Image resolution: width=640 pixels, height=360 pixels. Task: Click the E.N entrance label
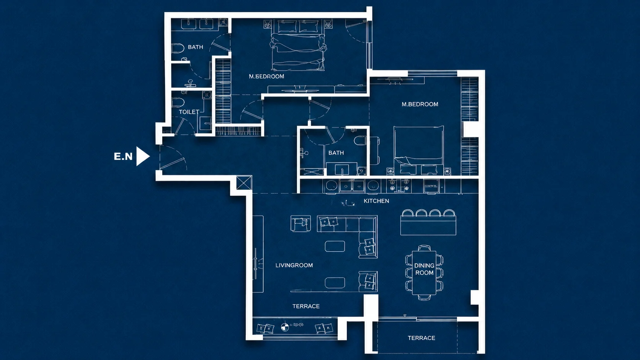coord(123,156)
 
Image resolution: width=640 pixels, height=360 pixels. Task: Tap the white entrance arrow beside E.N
coord(142,156)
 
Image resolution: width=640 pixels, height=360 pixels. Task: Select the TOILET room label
coord(189,112)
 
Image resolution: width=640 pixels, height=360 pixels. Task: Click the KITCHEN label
coord(376,201)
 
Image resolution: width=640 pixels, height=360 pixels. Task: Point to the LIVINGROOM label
coord(294,265)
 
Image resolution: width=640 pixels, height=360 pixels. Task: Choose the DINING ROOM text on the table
coord(424,269)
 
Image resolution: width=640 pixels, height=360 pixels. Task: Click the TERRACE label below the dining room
coord(421,338)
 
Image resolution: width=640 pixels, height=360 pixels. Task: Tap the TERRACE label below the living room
coord(306,306)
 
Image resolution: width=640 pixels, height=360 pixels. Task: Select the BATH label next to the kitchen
coord(336,153)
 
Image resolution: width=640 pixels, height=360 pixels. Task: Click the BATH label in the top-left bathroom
coord(196,47)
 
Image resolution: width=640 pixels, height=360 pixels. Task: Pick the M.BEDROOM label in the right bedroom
coord(420,104)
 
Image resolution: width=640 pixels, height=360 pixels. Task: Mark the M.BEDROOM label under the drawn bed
coord(266,77)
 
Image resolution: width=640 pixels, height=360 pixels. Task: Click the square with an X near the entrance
coord(244,183)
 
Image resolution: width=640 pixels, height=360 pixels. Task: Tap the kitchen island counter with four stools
coord(428,226)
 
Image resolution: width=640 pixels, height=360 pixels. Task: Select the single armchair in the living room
coord(300,223)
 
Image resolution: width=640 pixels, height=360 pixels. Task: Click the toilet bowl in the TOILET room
coord(178,102)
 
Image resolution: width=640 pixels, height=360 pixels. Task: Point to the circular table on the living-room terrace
coord(284,327)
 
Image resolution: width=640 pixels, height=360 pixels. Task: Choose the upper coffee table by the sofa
coord(335,246)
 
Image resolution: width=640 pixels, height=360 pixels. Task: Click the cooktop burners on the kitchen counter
coord(399,185)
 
